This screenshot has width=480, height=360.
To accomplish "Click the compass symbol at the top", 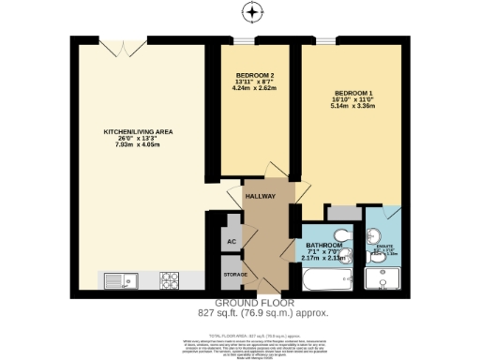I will (x=250, y=13).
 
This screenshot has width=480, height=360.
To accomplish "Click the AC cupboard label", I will (x=231, y=241).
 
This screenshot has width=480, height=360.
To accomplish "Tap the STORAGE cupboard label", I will (x=234, y=274).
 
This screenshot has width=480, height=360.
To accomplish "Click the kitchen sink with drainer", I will (x=119, y=278).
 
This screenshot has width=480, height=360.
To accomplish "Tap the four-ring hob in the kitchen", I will (x=172, y=278).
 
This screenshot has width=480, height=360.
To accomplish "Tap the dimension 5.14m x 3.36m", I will (x=354, y=107).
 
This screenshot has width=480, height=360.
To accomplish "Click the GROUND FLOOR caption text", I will (x=255, y=303).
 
